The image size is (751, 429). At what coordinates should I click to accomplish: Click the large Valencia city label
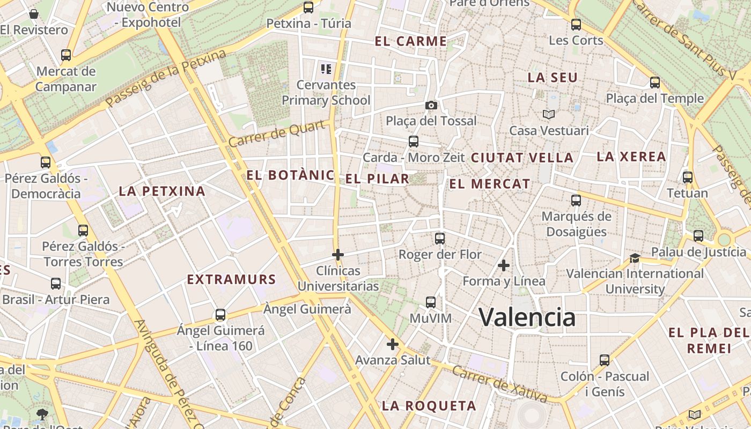pyautogui.click(x=527, y=317)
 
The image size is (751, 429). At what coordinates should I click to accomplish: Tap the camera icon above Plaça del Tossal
pyautogui.click(x=431, y=105)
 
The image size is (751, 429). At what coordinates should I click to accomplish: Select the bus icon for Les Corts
pyautogui.click(x=576, y=24)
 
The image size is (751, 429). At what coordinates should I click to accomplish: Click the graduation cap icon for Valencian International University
pyautogui.click(x=635, y=258)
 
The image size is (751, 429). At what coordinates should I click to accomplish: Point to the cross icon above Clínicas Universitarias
pyautogui.click(x=338, y=255)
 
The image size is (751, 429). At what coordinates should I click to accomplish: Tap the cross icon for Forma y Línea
pyautogui.click(x=504, y=265)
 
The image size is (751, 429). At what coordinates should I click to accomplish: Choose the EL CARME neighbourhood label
pyautogui.click(x=411, y=41)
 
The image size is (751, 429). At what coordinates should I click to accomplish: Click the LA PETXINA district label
pyautogui.click(x=162, y=191)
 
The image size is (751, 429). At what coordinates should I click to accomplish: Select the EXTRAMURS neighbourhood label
pyautogui.click(x=231, y=279)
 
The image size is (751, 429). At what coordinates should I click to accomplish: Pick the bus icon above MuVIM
pyautogui.click(x=431, y=302)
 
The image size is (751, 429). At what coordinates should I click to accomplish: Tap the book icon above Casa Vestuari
pyautogui.click(x=548, y=114)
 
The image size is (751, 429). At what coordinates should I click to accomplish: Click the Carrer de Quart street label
pyautogui.click(x=277, y=134)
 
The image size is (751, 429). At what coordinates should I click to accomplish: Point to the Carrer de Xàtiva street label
pyautogui.click(x=499, y=384)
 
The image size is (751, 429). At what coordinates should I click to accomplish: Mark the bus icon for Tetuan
pyautogui.click(x=688, y=177)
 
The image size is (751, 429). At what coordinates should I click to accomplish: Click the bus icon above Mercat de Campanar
pyautogui.click(x=66, y=55)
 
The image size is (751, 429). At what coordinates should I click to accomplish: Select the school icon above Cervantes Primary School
pyautogui.click(x=326, y=69)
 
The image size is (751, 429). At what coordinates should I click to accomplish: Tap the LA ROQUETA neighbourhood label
pyautogui.click(x=429, y=406)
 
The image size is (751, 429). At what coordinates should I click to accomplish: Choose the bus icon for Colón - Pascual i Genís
pyautogui.click(x=605, y=360)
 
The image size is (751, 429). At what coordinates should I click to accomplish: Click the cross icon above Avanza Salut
pyautogui.click(x=393, y=344)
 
